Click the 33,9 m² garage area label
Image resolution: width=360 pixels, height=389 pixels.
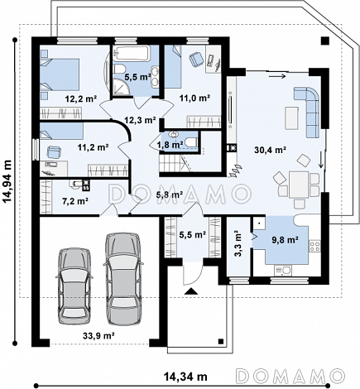pos(98,335)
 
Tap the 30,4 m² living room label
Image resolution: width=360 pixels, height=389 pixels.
pos(270,150)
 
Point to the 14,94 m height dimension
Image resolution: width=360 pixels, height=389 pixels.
pos(7,181)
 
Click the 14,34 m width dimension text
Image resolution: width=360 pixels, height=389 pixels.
pos(185,377)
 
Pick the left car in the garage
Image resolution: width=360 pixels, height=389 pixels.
pos(74,286)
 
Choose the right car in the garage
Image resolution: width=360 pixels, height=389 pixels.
pos(123,279)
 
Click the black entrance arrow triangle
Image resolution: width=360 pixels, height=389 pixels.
pos(191,291)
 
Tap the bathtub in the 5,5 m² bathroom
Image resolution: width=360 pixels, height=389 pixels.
pos(132,54)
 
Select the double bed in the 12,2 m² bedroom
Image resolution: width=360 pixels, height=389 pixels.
pos(60,74)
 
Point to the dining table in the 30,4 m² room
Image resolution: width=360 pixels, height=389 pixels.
pos(299,185)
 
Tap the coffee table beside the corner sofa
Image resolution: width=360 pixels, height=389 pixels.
pos(291,118)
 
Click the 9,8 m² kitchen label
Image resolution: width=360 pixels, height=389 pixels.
pos(286,240)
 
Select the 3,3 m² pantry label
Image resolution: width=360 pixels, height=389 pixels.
pos(238,243)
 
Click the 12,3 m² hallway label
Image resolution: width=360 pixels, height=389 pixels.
pos(140,120)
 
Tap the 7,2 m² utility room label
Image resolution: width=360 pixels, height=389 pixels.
pos(75,201)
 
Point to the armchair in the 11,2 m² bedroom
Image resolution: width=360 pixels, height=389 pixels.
pos(53,151)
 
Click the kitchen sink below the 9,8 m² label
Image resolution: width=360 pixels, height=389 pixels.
pos(282,271)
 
